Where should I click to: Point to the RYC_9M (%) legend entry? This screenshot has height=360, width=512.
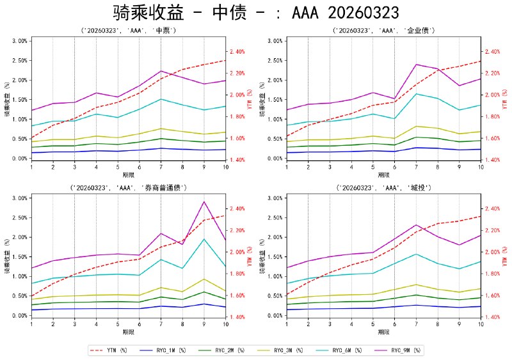[410, 350]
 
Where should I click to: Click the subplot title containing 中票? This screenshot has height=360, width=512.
[128, 30]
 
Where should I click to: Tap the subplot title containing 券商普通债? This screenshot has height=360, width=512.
[128, 187]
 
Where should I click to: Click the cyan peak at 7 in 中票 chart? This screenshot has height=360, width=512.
[161, 99]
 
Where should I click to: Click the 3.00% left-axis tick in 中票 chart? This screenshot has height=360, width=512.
[19, 40]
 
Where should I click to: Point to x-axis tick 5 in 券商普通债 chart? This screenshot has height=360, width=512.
[118, 324]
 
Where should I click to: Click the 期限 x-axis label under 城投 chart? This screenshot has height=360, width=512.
[384, 332]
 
